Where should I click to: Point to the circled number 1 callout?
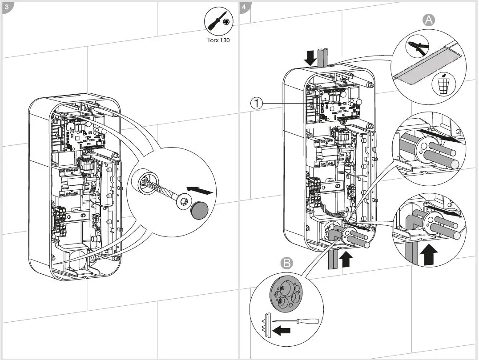[x=256, y=104]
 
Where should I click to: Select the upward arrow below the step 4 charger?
[x=346, y=258]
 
